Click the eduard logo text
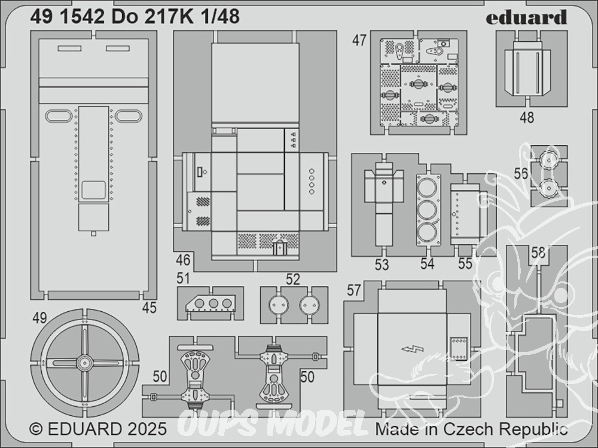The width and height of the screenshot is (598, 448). (x=526, y=17)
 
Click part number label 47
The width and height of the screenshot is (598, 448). (x=359, y=40)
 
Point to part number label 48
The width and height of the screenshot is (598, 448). (x=527, y=117)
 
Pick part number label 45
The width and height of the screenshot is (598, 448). (x=149, y=308)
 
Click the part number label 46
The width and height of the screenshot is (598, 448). (x=183, y=260)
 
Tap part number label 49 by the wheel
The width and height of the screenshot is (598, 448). (x=39, y=318)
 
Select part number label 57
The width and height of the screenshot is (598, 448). (x=354, y=291)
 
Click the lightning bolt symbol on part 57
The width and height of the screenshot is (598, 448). (x=412, y=349)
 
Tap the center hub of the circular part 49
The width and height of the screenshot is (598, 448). (x=85, y=363)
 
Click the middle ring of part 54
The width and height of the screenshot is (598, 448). (x=427, y=209)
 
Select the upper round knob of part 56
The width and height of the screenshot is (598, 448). (x=548, y=161)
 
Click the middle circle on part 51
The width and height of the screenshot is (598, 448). (x=213, y=303)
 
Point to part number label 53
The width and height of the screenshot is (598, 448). (x=382, y=265)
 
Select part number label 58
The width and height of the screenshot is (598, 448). (x=538, y=253)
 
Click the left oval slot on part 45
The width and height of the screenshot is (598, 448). (x=56, y=115)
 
